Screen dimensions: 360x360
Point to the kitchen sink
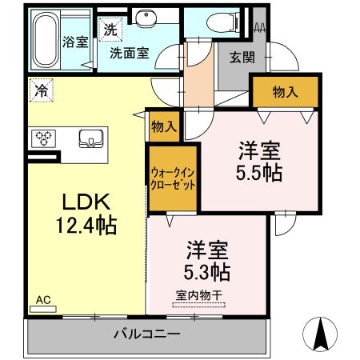91,138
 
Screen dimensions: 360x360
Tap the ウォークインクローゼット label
173,178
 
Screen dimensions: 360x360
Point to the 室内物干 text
198,294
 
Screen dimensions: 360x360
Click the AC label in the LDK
43,300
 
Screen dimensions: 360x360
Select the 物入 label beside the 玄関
285,91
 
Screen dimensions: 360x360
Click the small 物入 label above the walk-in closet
164,126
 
